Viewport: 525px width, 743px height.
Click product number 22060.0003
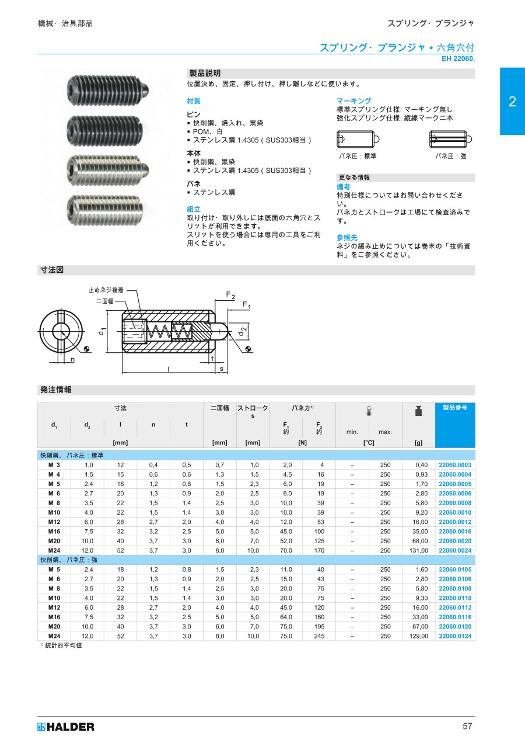(x=454, y=465)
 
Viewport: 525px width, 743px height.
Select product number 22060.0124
(x=454, y=636)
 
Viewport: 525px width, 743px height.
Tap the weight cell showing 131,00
(x=418, y=550)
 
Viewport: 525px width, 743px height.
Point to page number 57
(x=467, y=726)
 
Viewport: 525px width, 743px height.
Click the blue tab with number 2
(x=512, y=102)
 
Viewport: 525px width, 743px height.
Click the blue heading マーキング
(x=353, y=101)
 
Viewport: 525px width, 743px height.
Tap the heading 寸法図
(x=51, y=270)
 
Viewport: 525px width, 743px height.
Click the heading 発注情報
(x=55, y=390)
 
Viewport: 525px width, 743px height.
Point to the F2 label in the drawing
(x=230, y=295)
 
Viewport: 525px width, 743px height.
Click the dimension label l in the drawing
(x=169, y=369)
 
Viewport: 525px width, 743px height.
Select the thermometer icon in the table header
(x=369, y=411)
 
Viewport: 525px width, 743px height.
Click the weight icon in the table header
(x=418, y=411)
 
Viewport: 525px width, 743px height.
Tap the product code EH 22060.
(x=458, y=59)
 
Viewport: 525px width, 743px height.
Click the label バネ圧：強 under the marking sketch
(x=451, y=156)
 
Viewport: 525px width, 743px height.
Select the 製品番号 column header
(x=454, y=408)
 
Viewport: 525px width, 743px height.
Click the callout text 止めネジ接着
(x=106, y=290)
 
